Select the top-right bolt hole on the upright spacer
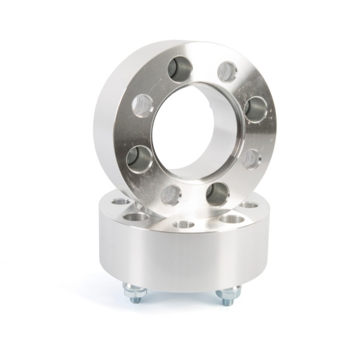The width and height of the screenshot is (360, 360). (227, 71)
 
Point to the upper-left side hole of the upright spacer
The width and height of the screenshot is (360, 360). (143, 106)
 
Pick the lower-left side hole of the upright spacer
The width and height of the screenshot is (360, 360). (138, 158)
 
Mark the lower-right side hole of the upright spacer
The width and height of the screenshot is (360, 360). (251, 159)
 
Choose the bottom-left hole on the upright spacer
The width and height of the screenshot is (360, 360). (171, 194)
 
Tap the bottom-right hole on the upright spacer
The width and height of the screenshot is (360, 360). (217, 194)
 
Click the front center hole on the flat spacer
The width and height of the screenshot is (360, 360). (183, 224)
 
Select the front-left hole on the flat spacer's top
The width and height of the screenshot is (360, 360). (137, 217)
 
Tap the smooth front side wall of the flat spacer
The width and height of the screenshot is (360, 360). (180, 258)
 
